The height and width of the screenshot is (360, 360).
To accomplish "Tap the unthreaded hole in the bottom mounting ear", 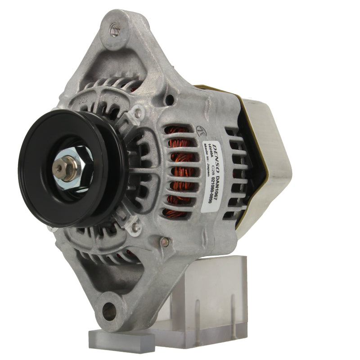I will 108,310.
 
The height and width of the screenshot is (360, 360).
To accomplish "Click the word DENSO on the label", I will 216,153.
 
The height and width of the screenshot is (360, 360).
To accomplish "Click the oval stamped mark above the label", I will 199,130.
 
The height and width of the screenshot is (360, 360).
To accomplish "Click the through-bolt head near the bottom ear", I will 165,243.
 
